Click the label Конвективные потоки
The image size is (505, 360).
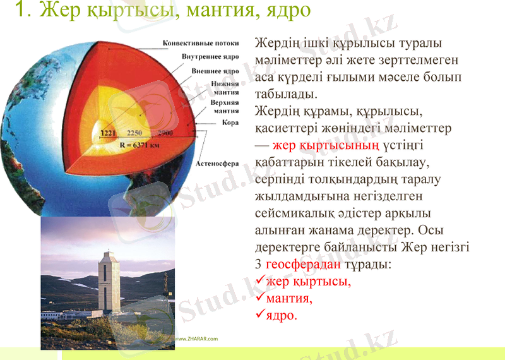pyautogui.click(x=201, y=44)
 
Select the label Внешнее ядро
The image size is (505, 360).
pyautogui.click(x=214, y=71)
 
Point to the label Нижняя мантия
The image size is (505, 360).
pyautogui.click(x=225, y=87)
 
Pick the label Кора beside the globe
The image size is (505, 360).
pyautogui.click(x=230, y=123)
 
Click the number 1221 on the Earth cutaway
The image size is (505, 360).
pyautogui.click(x=110, y=134)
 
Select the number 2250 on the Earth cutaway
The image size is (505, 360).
pyautogui.click(x=134, y=134)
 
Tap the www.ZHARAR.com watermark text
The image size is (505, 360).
pyautogui.click(x=196, y=339)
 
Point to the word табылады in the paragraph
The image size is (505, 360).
pyautogui.click(x=284, y=94)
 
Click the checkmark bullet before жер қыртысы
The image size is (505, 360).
pyautogui.click(x=259, y=281)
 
